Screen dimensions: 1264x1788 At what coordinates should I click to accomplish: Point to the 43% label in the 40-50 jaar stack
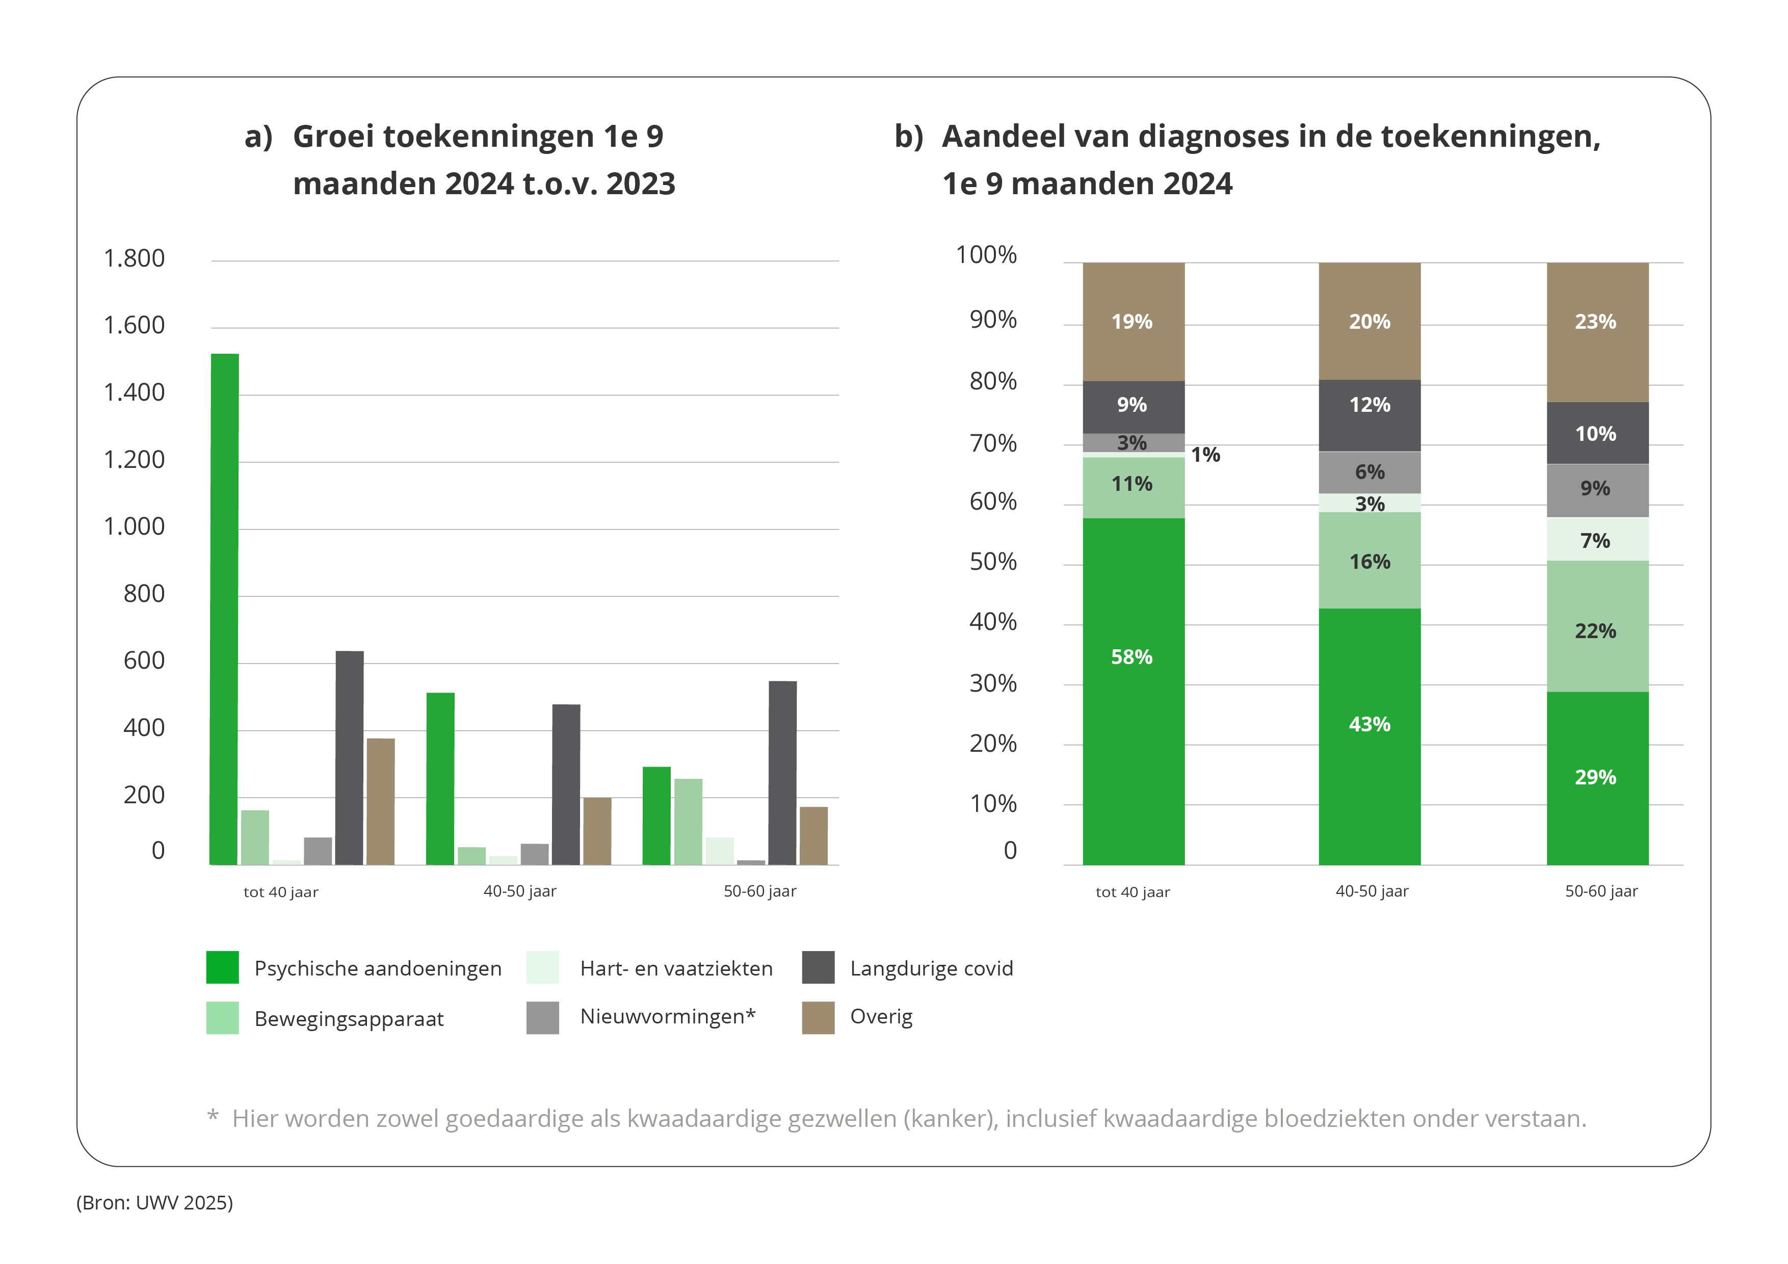click(x=1369, y=724)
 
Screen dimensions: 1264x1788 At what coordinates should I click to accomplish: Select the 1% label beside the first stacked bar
click(x=1205, y=455)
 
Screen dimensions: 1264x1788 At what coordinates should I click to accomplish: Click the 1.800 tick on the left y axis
click(x=134, y=258)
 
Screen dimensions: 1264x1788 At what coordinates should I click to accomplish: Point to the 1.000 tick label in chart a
click(x=134, y=527)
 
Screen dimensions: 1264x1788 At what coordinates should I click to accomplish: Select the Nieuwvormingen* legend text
click(x=667, y=1016)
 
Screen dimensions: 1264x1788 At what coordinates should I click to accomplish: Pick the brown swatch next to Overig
click(x=818, y=1018)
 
